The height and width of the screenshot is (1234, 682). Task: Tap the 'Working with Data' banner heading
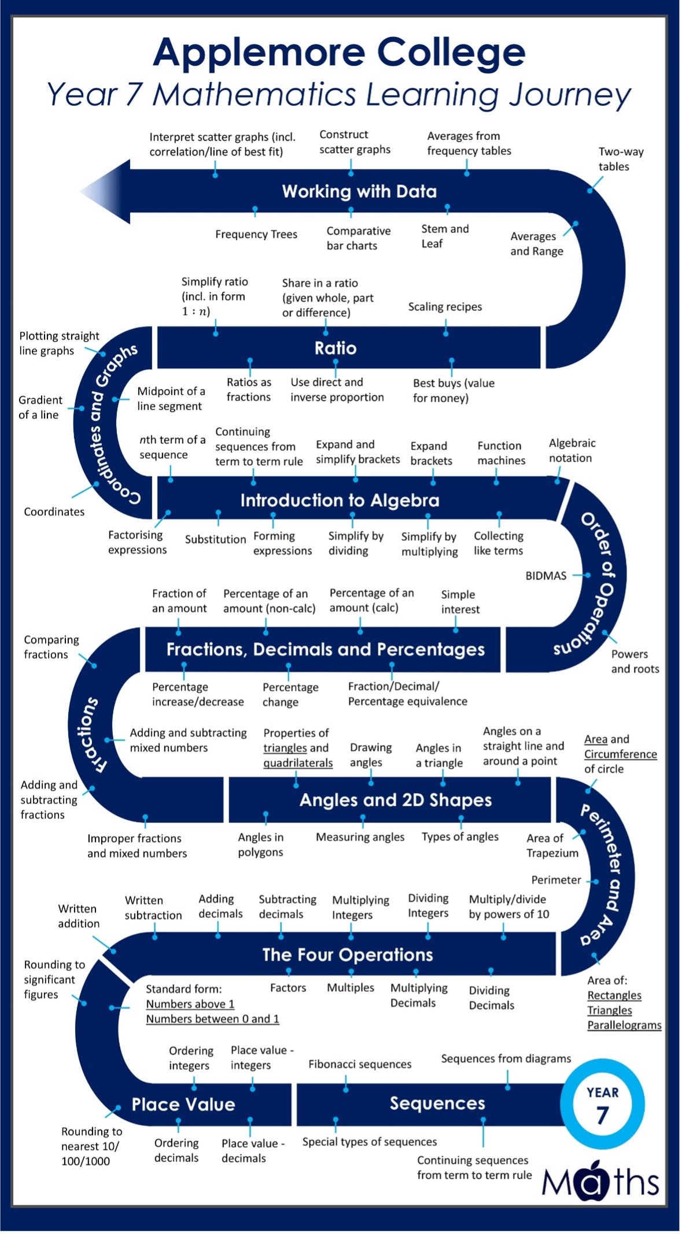359,191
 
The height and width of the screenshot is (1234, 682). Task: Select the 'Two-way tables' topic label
620,159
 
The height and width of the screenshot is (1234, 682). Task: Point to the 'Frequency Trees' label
256,234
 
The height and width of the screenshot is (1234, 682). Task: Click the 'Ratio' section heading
336,348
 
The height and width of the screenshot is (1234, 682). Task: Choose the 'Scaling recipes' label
445,307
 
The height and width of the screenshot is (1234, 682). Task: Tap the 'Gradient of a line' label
40,407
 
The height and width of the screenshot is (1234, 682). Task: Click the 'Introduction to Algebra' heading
340,500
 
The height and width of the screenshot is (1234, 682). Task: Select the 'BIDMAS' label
545,576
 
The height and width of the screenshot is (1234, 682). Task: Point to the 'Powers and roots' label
635,661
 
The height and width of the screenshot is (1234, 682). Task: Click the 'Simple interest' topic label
460,602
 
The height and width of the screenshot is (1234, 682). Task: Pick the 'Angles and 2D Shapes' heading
395,800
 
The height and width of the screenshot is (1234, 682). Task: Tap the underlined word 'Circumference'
620,754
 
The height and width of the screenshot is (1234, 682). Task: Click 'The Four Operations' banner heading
347,955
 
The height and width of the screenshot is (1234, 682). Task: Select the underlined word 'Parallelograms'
624,1025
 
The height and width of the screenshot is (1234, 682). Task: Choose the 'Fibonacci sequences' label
360,1064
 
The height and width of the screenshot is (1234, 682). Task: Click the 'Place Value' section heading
183,1105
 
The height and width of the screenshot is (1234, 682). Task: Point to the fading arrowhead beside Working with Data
107,191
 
